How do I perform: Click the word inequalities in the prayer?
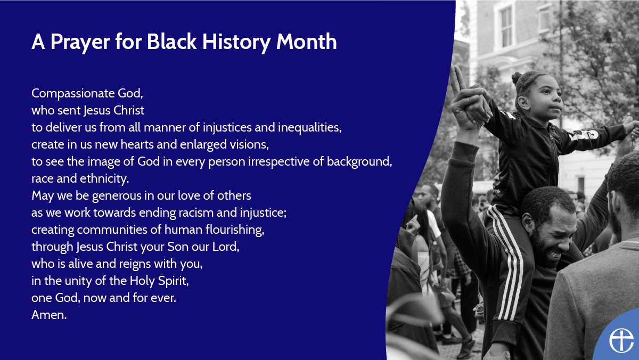[309, 128]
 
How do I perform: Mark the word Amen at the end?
[48, 315]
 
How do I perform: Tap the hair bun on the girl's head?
[517, 78]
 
